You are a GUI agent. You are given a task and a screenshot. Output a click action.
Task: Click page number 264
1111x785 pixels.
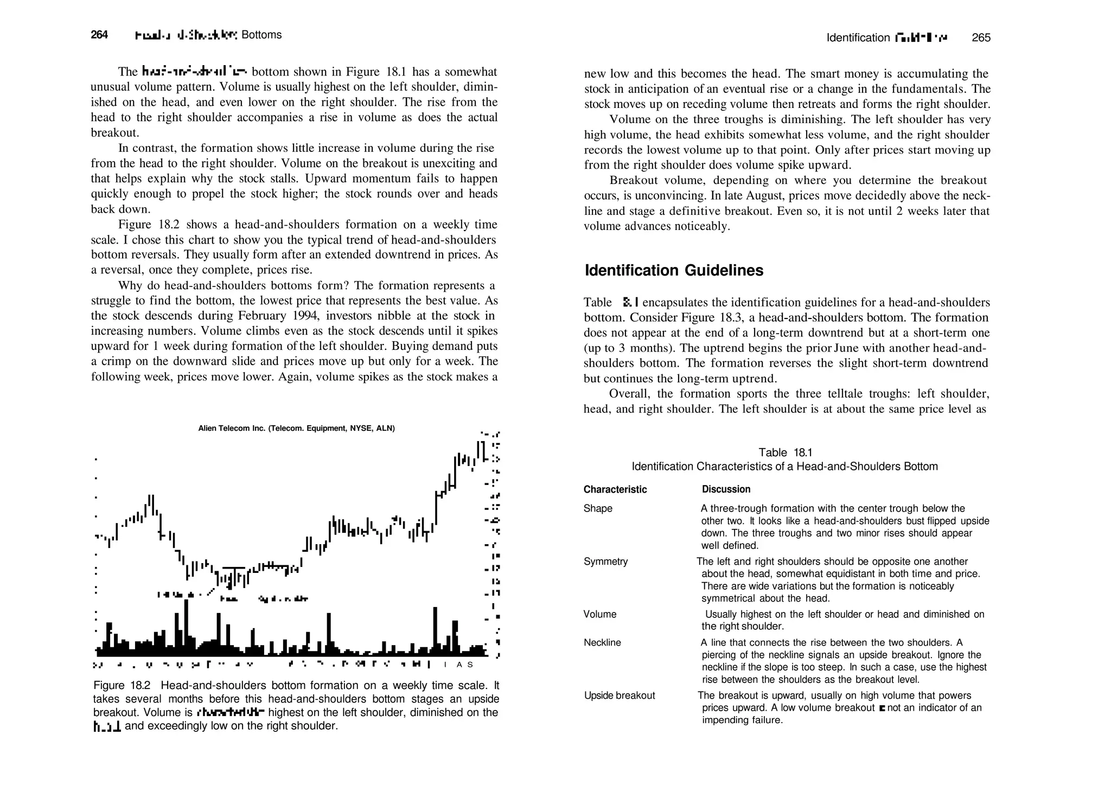99,35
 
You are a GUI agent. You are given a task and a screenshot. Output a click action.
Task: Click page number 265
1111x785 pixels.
981,38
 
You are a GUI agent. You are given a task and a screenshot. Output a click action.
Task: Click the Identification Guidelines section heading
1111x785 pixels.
674,271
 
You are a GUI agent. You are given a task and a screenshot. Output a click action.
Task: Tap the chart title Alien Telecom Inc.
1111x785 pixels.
296,429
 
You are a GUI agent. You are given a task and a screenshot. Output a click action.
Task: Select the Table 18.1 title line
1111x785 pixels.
785,453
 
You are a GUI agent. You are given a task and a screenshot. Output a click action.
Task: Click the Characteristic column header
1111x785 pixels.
615,490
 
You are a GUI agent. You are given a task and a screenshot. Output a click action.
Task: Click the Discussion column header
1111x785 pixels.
726,489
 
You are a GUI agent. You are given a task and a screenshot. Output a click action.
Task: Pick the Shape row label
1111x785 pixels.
598,509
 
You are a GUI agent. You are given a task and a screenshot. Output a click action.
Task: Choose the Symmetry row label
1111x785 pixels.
605,562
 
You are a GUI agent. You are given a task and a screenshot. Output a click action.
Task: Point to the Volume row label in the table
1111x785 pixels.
600,615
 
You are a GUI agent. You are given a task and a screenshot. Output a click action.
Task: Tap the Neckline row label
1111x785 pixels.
602,643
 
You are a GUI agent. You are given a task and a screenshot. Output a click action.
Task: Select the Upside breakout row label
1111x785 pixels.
620,696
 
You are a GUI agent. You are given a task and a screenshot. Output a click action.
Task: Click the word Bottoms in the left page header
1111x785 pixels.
261,35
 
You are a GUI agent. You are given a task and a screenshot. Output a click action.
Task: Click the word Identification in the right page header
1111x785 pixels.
858,38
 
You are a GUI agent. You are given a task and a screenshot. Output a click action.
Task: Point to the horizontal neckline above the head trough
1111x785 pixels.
234,567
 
